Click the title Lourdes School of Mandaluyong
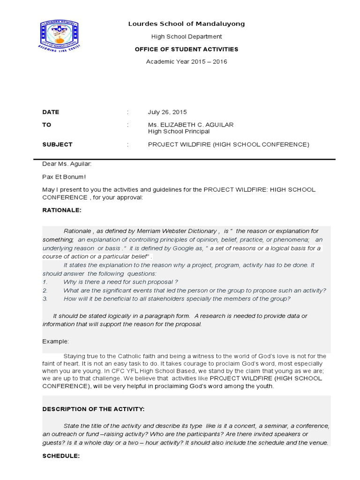click(187, 23)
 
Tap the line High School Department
click(187, 37)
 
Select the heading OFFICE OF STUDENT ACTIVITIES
click(187, 49)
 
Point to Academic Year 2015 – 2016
click(187, 61)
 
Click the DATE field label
click(51, 112)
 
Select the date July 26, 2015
click(167, 112)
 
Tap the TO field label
click(46, 125)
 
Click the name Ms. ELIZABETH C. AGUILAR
click(191, 125)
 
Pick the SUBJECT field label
click(57, 144)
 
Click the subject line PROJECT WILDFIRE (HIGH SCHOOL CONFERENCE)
click(229, 144)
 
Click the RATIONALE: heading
click(62, 210)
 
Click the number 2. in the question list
click(45, 290)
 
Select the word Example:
click(56, 341)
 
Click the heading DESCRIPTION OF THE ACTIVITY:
click(94, 409)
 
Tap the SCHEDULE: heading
click(61, 456)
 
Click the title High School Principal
click(179, 132)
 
